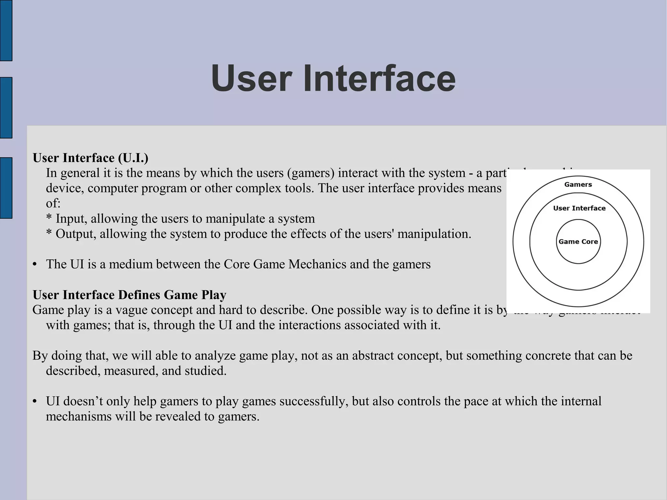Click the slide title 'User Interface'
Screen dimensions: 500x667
[x=333, y=79]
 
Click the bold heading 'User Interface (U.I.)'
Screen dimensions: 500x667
[x=91, y=158]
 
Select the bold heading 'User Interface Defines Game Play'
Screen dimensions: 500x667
[x=129, y=295]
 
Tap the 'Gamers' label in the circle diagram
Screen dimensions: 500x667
[x=578, y=185]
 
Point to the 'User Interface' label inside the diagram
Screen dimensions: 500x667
[x=579, y=208]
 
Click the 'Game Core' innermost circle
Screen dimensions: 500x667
[x=578, y=242]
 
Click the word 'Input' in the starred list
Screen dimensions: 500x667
[x=71, y=219]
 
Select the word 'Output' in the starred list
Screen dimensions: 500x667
[x=76, y=234]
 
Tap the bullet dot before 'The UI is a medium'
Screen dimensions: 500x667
[x=35, y=264]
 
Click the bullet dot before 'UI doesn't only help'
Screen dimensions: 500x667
[x=35, y=402]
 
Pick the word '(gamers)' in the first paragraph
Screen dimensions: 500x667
[x=311, y=173]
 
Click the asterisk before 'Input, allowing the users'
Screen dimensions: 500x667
[x=49, y=218]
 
